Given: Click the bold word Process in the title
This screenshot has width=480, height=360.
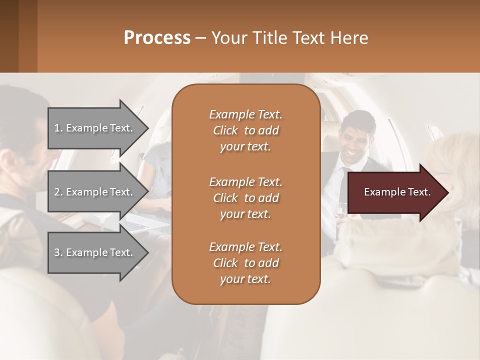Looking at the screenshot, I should pyautogui.click(x=157, y=38).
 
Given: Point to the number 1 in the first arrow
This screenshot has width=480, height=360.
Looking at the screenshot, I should pyautogui.click(x=57, y=128).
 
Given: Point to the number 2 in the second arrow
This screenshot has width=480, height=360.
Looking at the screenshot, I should pyautogui.click(x=57, y=192).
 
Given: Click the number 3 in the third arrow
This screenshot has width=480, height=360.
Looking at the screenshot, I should pyautogui.click(x=57, y=252).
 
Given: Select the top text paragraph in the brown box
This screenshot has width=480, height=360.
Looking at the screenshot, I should pyautogui.click(x=245, y=130).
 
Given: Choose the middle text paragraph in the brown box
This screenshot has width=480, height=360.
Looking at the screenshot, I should pyautogui.click(x=245, y=198).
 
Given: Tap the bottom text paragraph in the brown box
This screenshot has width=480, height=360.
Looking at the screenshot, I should pyautogui.click(x=245, y=263).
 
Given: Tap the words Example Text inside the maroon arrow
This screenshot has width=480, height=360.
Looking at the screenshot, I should pyautogui.click(x=397, y=192).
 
